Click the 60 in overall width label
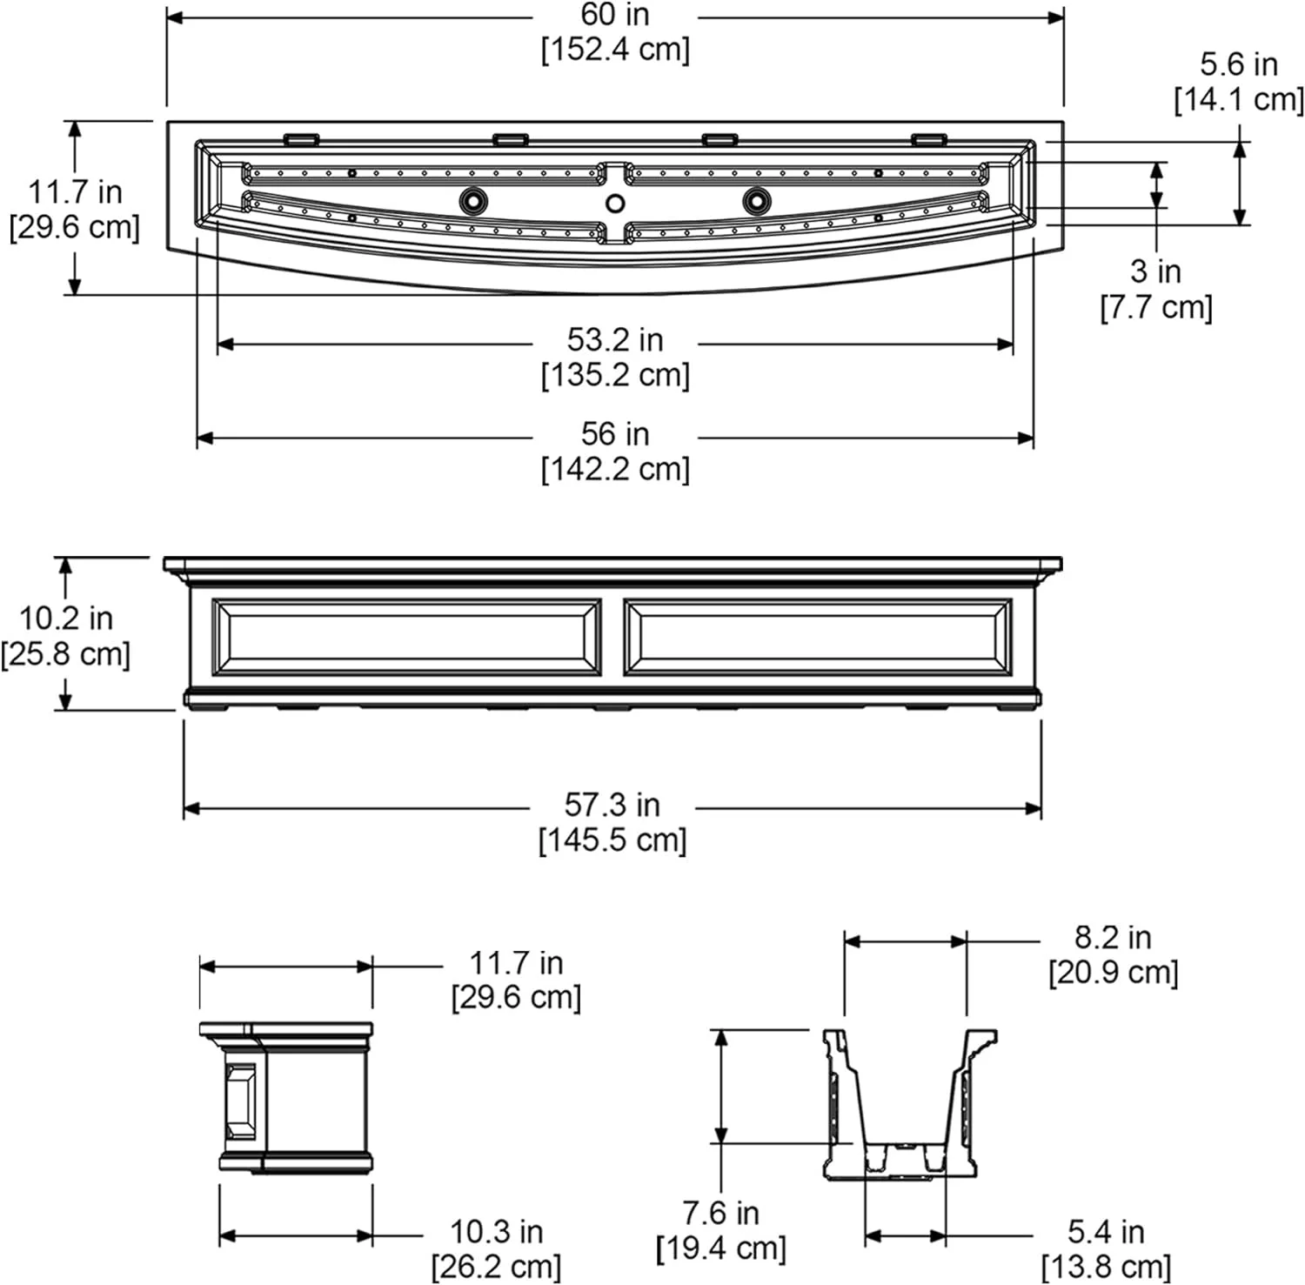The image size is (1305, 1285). pos(615,15)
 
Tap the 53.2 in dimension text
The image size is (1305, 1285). pos(615,339)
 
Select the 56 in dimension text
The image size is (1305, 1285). pos(615,433)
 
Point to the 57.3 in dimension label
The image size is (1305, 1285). pos(612,805)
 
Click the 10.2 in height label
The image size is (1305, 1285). pos(66,618)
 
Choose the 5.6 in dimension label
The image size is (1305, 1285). pos(1239,64)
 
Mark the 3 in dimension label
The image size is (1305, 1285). pos(1155,271)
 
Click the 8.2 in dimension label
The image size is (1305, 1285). pos(1113,937)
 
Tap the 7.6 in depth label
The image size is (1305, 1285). pos(720,1212)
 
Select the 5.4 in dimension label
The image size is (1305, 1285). pos(1106,1231)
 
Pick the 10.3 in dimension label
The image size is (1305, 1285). pos(496,1231)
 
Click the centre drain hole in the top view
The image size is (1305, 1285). pos(615,204)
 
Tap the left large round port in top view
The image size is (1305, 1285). pos(473,201)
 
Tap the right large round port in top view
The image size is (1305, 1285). pos(757,201)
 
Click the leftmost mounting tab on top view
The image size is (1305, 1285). pos(300,138)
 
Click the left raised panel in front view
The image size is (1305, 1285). pos(406,637)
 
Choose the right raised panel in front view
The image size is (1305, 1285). pos(818,637)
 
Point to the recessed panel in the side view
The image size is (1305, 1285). pos(240,1101)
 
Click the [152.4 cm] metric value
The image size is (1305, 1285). pos(615,50)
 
